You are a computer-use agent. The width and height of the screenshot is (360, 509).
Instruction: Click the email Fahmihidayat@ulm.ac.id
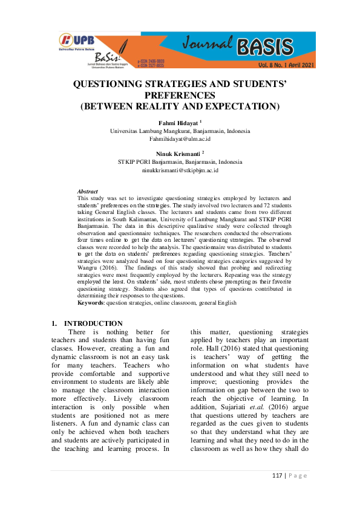pos(180,139)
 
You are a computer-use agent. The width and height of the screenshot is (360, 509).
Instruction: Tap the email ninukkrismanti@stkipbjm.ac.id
pos(180,171)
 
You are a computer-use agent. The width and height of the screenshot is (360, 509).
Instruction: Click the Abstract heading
pos(88,192)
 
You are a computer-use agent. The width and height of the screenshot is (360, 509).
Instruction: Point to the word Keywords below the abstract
pos(91,302)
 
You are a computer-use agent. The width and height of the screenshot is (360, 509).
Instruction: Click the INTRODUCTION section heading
pos(93,323)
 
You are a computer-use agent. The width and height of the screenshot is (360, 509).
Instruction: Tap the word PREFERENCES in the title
pos(180,96)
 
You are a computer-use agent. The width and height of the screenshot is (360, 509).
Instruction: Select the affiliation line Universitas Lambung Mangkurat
pos(180,131)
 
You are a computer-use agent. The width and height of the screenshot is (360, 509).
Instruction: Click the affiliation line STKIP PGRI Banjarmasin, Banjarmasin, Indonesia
pos(180,163)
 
